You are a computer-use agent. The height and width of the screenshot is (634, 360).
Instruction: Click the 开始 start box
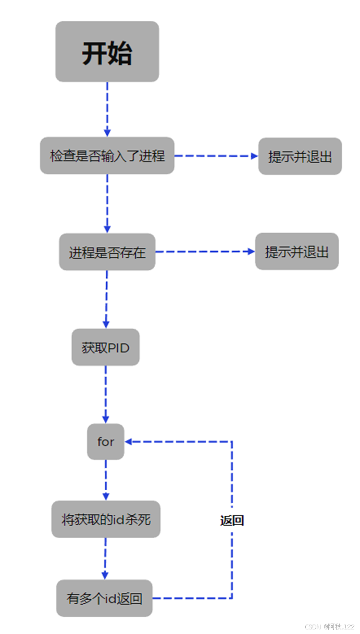[x=107, y=52]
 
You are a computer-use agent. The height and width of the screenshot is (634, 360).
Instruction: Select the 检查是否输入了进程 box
[x=107, y=156]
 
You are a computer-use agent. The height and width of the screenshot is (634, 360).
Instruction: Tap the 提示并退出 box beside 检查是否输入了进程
[x=300, y=156]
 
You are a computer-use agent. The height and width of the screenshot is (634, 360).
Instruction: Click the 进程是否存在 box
[x=107, y=252]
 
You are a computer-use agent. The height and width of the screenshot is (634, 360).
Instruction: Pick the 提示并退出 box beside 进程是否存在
[x=296, y=252]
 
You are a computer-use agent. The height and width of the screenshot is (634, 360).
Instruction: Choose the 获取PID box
[x=105, y=347]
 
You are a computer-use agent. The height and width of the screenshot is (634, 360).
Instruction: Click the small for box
[x=105, y=442]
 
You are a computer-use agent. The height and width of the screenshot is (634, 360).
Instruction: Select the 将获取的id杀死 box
[x=106, y=519]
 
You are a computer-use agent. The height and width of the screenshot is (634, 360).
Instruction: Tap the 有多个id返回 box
[x=104, y=598]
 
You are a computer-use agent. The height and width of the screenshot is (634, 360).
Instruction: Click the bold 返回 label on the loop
[x=232, y=520]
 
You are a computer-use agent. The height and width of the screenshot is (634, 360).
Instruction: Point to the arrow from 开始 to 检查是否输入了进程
[x=107, y=109]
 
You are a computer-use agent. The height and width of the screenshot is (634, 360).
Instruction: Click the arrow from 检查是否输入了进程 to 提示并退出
[x=216, y=156]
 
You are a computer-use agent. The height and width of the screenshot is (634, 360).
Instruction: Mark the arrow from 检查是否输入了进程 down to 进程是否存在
[x=107, y=203]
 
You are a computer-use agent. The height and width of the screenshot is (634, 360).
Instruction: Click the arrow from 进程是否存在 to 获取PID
[x=106, y=299]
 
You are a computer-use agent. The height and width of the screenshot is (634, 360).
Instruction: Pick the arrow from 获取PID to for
[x=106, y=394]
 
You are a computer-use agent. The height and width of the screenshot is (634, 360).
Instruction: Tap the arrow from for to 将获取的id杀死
[x=106, y=480]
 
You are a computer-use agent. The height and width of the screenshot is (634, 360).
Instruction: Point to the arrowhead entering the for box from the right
[x=129, y=442]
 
